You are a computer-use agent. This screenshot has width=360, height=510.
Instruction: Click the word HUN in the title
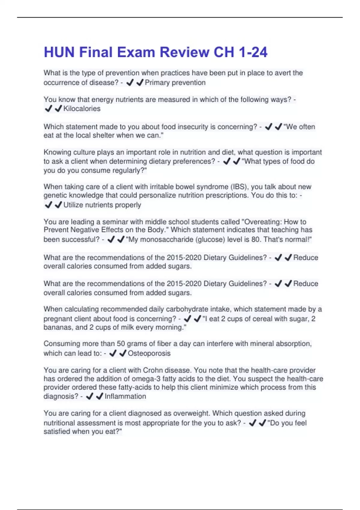click(x=59, y=52)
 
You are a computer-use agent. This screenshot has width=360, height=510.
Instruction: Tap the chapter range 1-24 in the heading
click(x=253, y=52)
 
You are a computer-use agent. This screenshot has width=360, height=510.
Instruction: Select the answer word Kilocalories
click(x=82, y=109)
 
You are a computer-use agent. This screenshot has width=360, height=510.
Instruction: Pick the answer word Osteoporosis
click(x=149, y=353)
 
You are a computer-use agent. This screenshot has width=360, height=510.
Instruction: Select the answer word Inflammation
click(x=125, y=396)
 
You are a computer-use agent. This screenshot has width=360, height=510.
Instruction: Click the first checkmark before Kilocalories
click(x=48, y=109)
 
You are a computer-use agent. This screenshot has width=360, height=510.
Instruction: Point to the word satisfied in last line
click(x=57, y=431)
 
